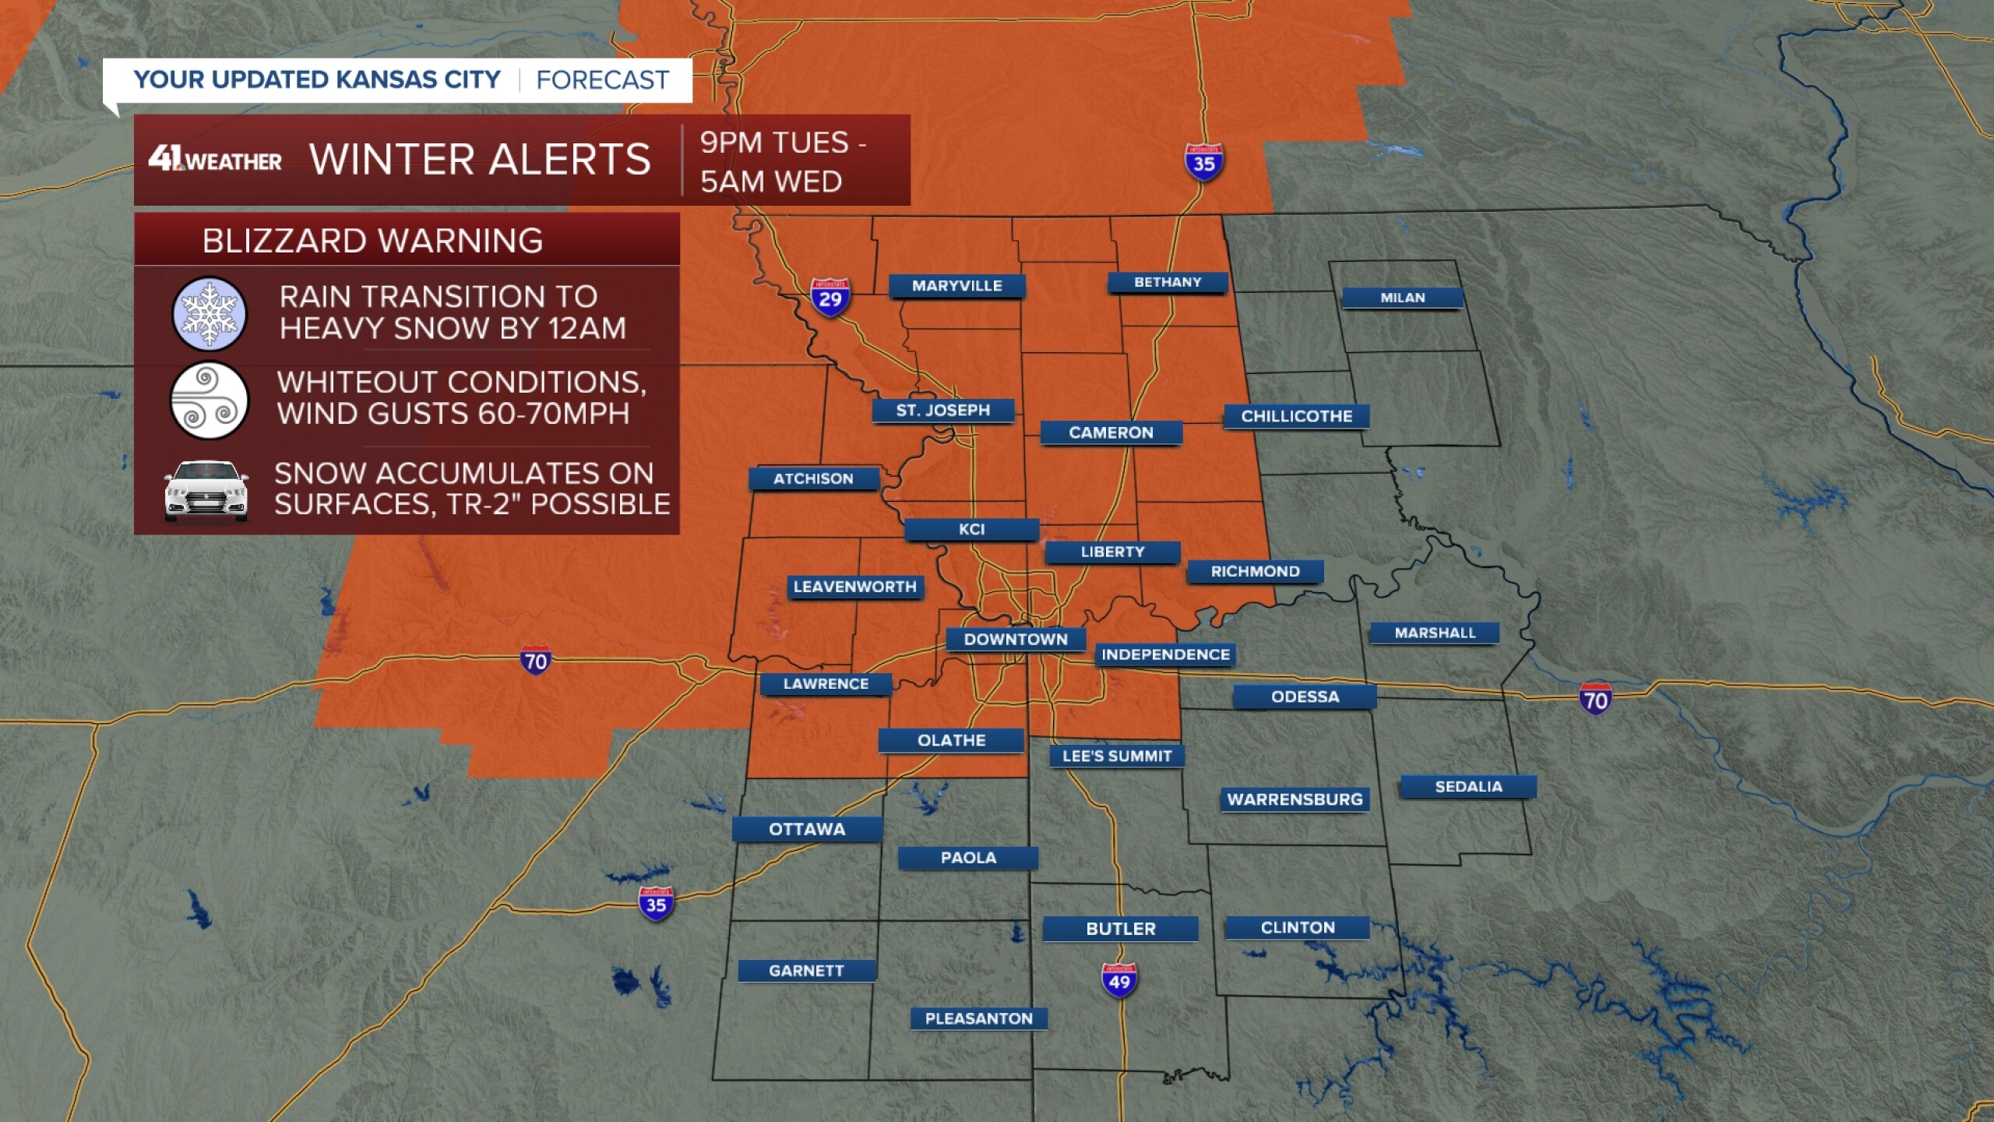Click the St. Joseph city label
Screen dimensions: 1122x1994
click(x=942, y=411)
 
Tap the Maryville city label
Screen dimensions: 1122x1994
click(x=956, y=286)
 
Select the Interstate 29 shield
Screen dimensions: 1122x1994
click(x=830, y=298)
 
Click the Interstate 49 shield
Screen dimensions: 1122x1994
click(x=1119, y=980)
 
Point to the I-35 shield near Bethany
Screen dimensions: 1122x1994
click(x=1203, y=163)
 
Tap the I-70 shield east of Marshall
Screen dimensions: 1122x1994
click(x=1594, y=699)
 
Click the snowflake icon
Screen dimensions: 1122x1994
click(x=209, y=313)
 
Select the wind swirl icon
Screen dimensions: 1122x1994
click(x=209, y=400)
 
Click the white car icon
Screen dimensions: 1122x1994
click(x=206, y=491)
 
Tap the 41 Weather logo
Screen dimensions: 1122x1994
click(x=215, y=160)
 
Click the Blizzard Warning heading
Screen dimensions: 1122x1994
click(x=372, y=241)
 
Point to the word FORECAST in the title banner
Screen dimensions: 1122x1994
click(x=602, y=80)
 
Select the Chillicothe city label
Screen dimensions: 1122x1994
click(x=1296, y=416)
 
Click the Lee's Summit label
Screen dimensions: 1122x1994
click(x=1117, y=756)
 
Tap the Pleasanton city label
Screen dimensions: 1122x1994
click(x=978, y=1018)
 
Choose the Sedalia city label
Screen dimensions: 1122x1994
click(x=1468, y=787)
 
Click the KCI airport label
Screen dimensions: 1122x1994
click(x=971, y=530)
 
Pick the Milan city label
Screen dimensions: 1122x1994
click(x=1402, y=298)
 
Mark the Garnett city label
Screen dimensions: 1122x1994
click(x=806, y=971)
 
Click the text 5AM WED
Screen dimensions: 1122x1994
click(x=770, y=182)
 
